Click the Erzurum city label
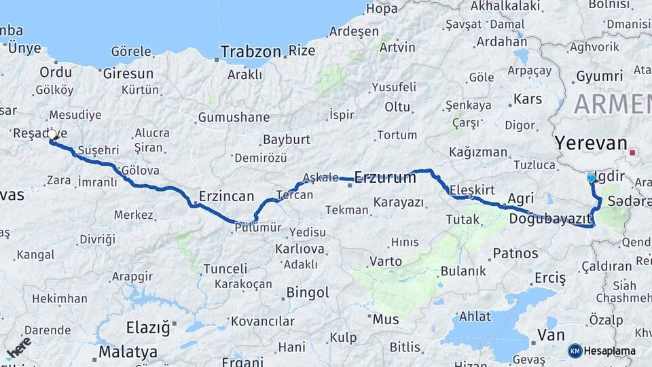click(385, 177)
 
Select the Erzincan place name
click(226, 196)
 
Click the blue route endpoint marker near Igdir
click(591, 178)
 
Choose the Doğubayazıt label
click(550, 218)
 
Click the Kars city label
click(528, 99)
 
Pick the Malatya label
click(128, 352)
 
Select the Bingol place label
click(308, 293)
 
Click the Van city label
click(550, 334)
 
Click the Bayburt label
click(286, 139)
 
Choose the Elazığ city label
click(147, 328)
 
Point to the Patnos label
click(515, 254)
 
